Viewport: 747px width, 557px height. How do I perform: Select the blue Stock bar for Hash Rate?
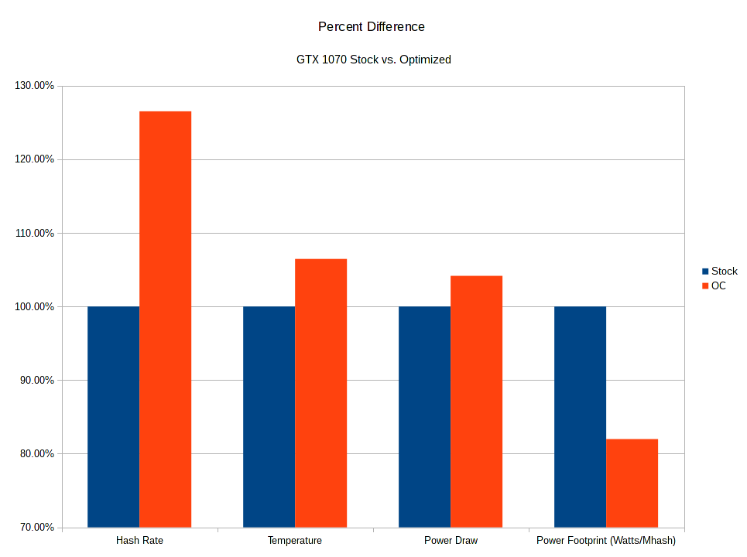click(113, 417)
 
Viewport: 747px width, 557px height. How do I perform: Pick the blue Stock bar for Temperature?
click(269, 417)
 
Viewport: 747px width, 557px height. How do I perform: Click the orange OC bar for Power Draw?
click(476, 402)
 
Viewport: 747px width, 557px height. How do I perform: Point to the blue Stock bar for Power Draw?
click(424, 417)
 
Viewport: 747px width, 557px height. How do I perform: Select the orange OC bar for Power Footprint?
click(632, 483)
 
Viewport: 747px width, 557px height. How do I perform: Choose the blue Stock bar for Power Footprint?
click(580, 417)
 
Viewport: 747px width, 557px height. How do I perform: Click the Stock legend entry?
click(719, 272)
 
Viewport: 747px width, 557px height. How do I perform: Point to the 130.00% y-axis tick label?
click(34, 86)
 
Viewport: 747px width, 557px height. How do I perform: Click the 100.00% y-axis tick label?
click(34, 307)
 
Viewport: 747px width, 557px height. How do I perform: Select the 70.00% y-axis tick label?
click(36, 528)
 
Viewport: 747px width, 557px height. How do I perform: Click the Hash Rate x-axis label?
click(139, 541)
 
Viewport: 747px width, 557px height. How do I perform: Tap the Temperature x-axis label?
click(295, 541)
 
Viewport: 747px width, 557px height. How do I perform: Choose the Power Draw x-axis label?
click(451, 541)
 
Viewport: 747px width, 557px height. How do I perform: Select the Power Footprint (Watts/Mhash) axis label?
click(606, 541)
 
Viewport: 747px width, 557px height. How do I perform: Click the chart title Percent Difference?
click(372, 27)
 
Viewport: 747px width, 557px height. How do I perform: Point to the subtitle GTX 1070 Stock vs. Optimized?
click(373, 59)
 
